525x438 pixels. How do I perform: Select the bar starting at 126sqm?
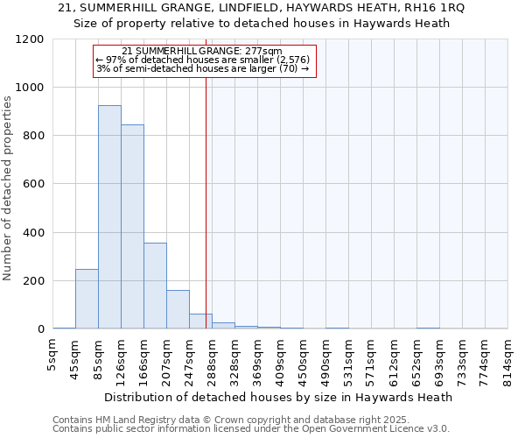pos(132,227)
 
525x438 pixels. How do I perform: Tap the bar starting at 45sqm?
pos(87,299)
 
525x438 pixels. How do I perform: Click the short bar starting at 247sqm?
pos(200,321)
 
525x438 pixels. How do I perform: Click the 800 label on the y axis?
pos(33,136)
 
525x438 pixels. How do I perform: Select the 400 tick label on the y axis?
pos(33,233)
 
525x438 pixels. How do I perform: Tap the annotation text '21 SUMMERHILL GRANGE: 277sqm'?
pos(202,52)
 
